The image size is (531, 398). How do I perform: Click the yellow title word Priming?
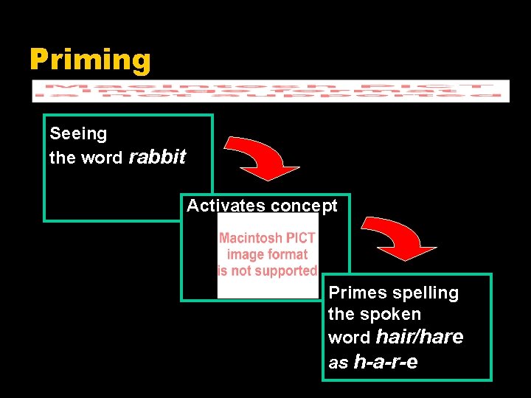click(90, 60)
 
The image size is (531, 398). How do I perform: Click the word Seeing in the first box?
click(78, 133)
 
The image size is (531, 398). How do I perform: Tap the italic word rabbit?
click(157, 157)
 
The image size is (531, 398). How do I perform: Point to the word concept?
click(304, 206)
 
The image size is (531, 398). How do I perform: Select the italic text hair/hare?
click(420, 337)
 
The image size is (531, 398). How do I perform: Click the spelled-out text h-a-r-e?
click(386, 362)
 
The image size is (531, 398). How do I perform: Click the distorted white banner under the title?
click(271, 91)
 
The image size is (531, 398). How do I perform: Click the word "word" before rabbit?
click(103, 158)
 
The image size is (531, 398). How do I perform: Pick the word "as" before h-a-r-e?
click(339, 363)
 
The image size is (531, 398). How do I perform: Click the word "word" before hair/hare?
click(350, 338)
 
